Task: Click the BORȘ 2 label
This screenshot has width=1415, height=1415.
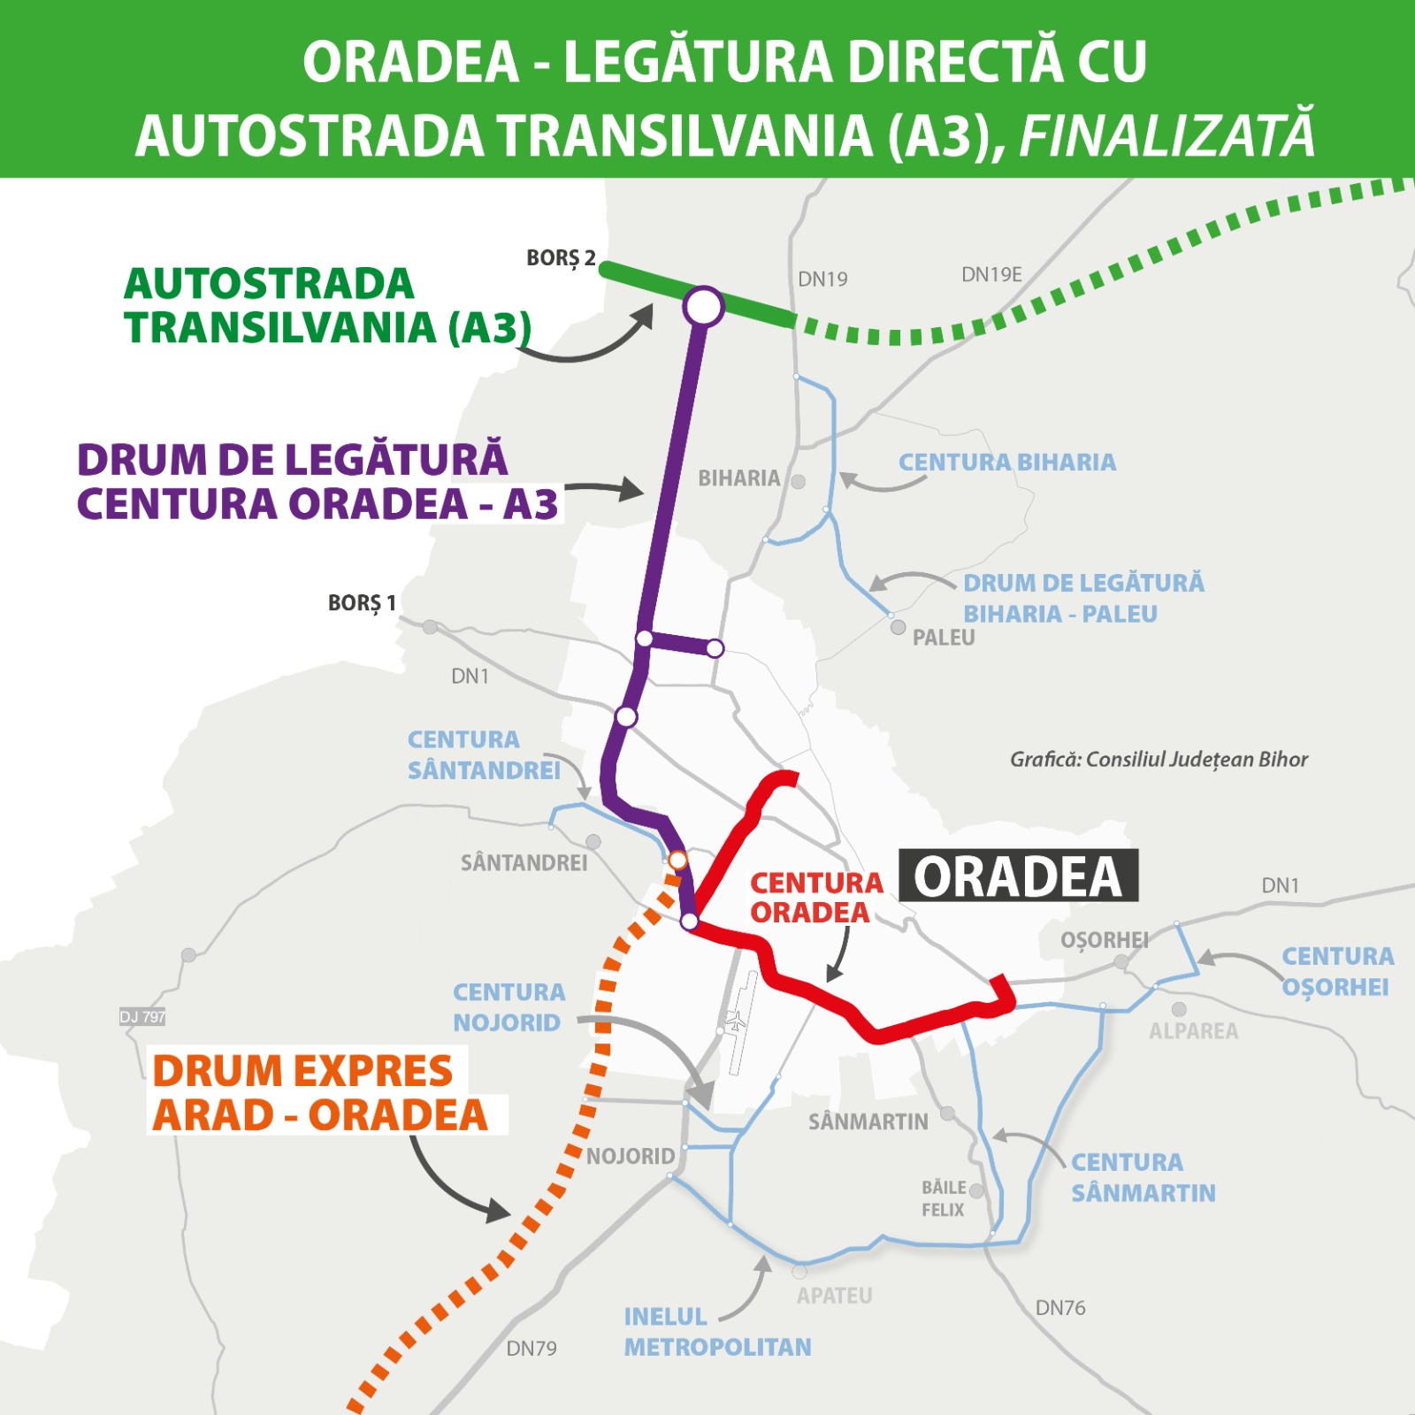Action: click(x=561, y=258)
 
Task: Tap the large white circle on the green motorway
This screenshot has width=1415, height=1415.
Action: click(x=703, y=307)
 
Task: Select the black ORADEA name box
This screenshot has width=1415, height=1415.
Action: click(x=1018, y=876)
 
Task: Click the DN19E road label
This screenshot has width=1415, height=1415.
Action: click(x=991, y=275)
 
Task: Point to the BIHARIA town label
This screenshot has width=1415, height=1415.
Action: click(x=739, y=478)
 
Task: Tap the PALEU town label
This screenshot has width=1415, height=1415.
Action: click(x=943, y=638)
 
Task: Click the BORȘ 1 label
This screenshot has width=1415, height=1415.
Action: click(x=362, y=603)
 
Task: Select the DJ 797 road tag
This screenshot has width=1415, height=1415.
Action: click(x=142, y=1017)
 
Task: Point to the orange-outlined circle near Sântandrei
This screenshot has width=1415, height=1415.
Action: click(x=677, y=860)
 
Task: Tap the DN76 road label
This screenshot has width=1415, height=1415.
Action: click(x=1059, y=1308)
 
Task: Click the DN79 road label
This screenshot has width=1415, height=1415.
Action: click(x=532, y=1349)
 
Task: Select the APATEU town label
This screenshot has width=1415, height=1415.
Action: click(x=834, y=1296)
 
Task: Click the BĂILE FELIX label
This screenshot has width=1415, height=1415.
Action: click(x=944, y=1198)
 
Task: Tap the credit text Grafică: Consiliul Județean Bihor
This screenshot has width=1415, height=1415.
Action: click(x=1159, y=760)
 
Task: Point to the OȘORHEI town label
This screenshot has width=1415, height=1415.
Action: click(x=1104, y=940)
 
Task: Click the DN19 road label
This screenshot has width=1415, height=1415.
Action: click(x=822, y=279)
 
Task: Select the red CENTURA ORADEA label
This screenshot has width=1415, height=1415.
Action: click(x=815, y=898)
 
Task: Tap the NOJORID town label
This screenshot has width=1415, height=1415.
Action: click(x=631, y=1157)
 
